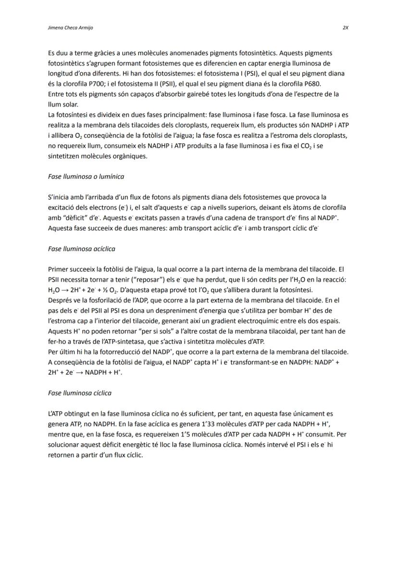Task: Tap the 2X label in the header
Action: click(x=345, y=27)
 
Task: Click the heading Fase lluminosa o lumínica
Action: click(x=86, y=176)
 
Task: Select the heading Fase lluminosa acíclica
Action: click(x=82, y=249)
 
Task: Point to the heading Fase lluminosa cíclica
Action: click(x=80, y=393)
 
